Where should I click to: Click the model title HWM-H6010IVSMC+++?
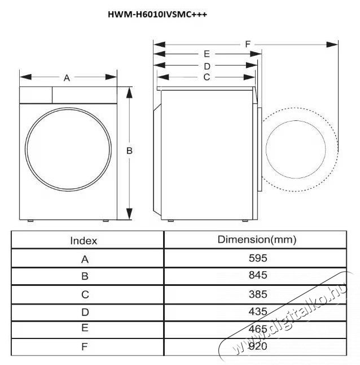tap(157, 15)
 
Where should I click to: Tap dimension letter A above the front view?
tap(67, 78)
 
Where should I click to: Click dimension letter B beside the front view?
tap(129, 151)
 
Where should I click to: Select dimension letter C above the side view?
tap(207, 77)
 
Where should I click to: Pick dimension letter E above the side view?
tap(207, 54)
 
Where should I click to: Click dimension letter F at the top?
tap(248, 44)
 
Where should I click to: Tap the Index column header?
tap(84, 240)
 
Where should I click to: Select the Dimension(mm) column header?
tap(257, 240)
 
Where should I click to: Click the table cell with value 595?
tap(257, 258)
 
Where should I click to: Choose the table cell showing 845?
tap(257, 276)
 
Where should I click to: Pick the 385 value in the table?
tap(257, 294)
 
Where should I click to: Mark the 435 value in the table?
tap(257, 311)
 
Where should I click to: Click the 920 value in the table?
tap(257, 346)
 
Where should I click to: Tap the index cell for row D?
tap(85, 311)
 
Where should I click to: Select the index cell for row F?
tap(85, 346)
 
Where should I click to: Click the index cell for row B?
tap(85, 276)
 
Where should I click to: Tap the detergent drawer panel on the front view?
tap(36, 94)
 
